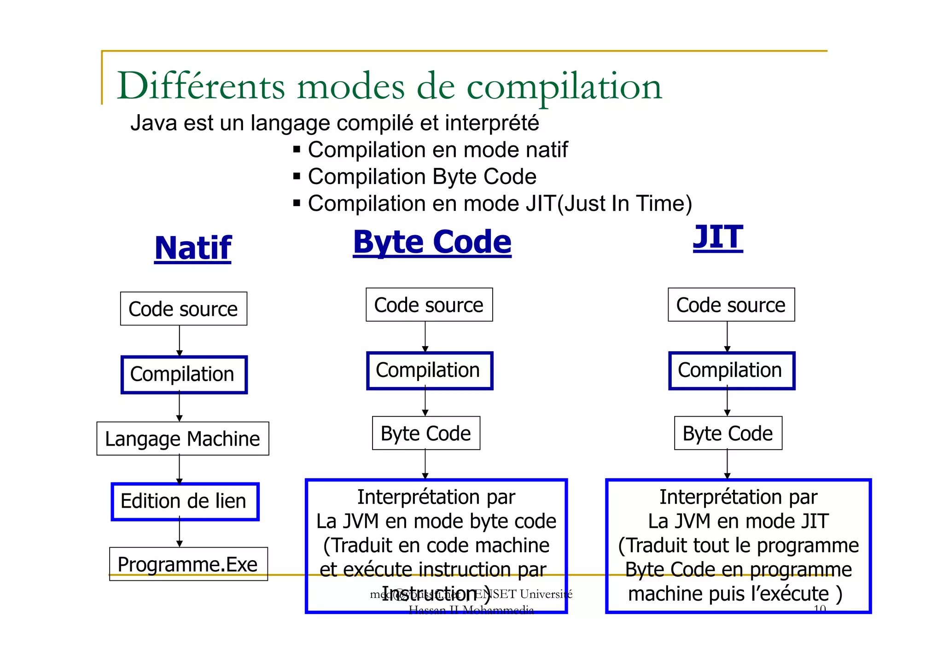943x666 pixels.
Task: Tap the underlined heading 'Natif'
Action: click(x=192, y=249)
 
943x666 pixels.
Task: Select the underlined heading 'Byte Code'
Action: click(x=432, y=242)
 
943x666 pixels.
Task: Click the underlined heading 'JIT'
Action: click(x=717, y=237)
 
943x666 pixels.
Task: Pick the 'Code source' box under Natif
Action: click(x=183, y=309)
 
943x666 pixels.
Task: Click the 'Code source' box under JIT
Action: click(x=731, y=305)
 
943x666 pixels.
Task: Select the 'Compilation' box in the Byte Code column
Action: click(x=429, y=371)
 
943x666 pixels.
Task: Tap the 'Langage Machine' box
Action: click(x=182, y=439)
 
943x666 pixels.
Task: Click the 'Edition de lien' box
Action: click(x=185, y=501)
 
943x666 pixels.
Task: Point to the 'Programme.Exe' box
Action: click(x=188, y=564)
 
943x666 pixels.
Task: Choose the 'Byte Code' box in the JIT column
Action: click(x=728, y=433)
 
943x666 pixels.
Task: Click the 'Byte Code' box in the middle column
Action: click(x=426, y=433)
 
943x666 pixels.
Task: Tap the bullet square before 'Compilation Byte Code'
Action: click(x=297, y=176)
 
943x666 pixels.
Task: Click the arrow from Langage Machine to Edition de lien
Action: click(x=180, y=469)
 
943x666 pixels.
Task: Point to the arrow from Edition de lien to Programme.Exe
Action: click(x=180, y=533)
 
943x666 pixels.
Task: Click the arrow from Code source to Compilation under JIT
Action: click(x=727, y=337)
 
